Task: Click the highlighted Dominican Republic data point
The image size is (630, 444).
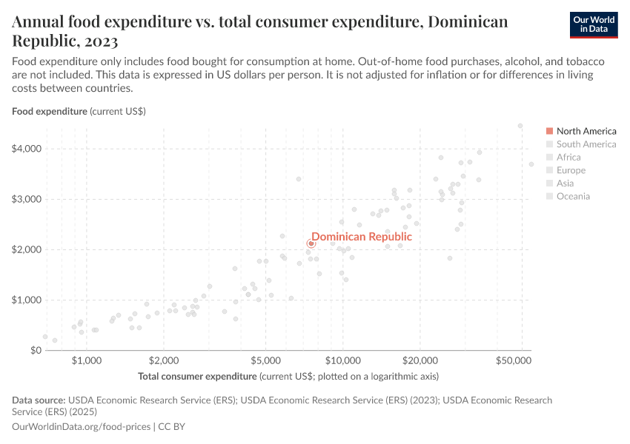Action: point(311,243)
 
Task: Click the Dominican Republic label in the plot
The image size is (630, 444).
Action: point(361,237)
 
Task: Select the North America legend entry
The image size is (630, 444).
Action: point(586,131)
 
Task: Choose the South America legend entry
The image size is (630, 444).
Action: point(586,144)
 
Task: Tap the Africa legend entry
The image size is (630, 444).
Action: point(568,157)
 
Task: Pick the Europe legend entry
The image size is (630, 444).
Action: point(571,170)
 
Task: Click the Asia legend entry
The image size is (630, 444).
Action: point(565,184)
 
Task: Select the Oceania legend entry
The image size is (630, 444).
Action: point(573,196)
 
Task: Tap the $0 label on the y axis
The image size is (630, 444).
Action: point(33,350)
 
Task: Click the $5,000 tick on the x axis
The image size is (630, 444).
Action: point(265,361)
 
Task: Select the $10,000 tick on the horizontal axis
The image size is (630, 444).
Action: point(342,361)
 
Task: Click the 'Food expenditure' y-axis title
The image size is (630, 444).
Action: point(49,112)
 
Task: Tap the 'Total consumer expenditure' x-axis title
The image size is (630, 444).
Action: point(197,376)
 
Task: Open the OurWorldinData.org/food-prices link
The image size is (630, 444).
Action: point(82,427)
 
